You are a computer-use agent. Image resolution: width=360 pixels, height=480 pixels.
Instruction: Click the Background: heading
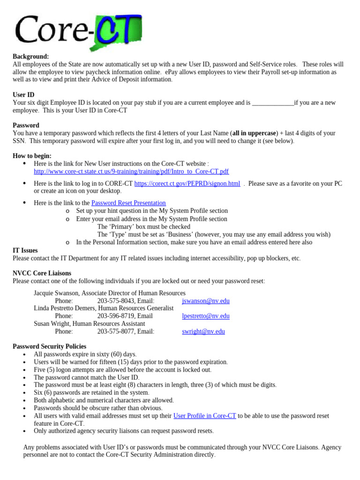(x=30, y=56)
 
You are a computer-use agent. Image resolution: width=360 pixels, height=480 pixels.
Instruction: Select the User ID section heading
(x=23, y=95)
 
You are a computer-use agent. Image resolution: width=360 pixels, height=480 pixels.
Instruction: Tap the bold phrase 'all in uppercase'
(x=254, y=133)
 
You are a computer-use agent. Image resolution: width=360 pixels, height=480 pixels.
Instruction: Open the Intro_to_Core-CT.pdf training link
(x=131, y=172)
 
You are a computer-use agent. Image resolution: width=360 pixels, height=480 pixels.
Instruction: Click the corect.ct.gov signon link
(x=187, y=183)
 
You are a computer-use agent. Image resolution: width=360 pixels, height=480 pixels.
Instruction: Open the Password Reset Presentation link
(x=128, y=203)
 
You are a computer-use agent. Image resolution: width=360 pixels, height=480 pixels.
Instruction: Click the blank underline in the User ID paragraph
(x=273, y=102)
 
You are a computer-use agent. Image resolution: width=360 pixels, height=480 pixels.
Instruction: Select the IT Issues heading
(x=25, y=251)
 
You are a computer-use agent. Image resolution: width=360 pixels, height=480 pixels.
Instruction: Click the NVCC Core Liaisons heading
(x=42, y=273)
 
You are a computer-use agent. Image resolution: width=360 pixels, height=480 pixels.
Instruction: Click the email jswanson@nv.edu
(x=205, y=301)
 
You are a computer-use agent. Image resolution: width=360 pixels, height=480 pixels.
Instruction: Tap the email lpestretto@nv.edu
(x=205, y=316)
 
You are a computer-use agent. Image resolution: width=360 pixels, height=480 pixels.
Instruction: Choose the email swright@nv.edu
(x=203, y=331)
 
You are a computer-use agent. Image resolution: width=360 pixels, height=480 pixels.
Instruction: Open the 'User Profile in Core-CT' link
(x=204, y=416)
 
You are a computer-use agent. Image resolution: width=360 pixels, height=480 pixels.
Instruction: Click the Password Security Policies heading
(x=49, y=346)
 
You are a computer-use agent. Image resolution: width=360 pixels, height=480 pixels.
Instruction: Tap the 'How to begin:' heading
(x=32, y=156)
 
